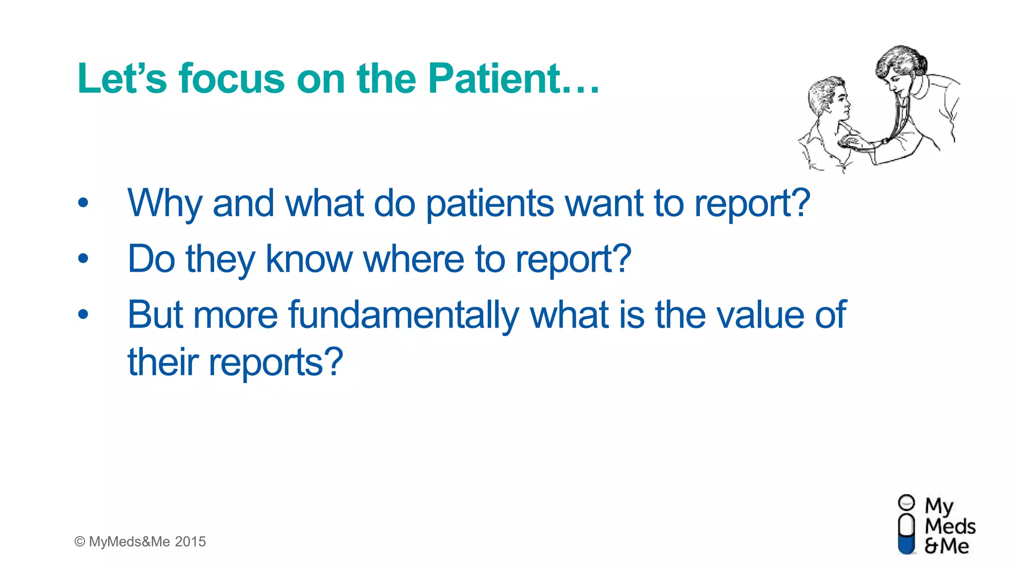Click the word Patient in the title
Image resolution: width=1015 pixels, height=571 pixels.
click(494, 78)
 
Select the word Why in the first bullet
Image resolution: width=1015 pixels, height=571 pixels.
click(165, 203)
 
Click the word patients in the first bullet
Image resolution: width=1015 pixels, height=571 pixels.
click(489, 203)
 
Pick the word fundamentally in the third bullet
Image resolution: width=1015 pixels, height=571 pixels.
click(403, 315)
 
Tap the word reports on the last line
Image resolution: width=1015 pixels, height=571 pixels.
click(276, 362)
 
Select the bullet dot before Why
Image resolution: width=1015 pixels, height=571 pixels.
click(83, 203)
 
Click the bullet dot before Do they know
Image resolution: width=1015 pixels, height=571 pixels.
click(83, 258)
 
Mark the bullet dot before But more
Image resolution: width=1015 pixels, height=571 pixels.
click(83, 314)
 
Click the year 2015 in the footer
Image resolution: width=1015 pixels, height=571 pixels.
click(190, 542)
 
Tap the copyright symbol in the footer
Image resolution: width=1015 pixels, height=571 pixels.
click(80, 542)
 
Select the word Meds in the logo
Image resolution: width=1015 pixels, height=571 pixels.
click(950, 526)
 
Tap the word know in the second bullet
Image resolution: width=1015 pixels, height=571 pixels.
click(308, 259)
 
